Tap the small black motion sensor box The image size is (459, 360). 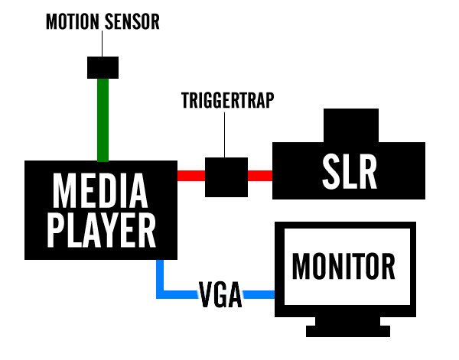coord(103,66)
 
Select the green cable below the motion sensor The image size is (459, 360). coord(103,118)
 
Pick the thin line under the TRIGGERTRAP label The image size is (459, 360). coord(224,134)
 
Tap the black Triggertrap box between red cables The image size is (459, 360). coord(226,176)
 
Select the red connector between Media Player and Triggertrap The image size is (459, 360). coord(191,175)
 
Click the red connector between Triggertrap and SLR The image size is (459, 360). coord(260,175)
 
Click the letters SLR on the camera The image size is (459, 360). coord(348,174)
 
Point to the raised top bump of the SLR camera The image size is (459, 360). coord(351,122)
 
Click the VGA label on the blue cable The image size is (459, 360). coord(220,294)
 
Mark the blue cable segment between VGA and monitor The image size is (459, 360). coord(259,294)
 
